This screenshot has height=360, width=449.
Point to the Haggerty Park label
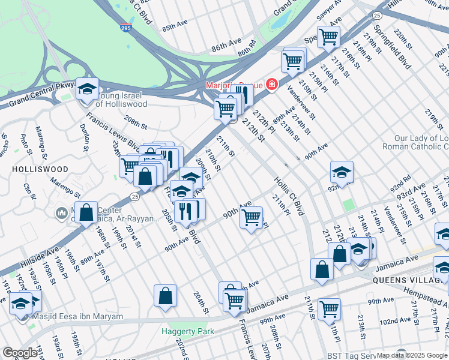tap(187, 331)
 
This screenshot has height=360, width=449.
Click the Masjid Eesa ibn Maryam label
tap(75, 316)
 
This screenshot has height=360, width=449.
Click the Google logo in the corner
tap(19, 353)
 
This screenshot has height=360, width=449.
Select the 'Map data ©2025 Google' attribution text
tap(412, 355)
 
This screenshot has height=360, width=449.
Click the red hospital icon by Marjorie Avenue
tap(272, 85)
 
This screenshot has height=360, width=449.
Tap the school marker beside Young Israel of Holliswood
tap(88, 89)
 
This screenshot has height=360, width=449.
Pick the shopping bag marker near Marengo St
tap(86, 212)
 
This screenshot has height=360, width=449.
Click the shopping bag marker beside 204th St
tap(165, 296)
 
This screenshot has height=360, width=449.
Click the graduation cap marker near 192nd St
tap(20, 303)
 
